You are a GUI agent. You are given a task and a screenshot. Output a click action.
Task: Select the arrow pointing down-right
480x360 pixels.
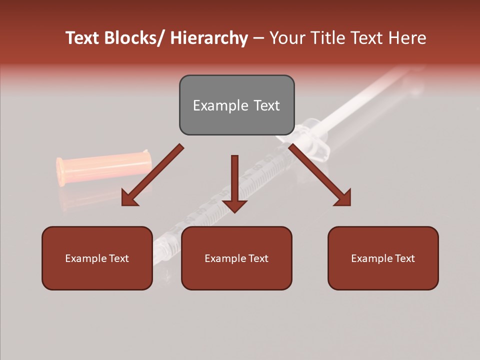point(317,172)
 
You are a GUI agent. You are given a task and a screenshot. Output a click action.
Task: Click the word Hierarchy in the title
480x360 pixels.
point(209,38)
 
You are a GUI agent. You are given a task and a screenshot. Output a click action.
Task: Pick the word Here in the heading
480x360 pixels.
point(407,38)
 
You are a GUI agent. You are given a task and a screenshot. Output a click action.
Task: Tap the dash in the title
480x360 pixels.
point(258,38)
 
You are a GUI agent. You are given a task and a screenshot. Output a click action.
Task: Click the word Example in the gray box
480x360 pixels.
point(215,106)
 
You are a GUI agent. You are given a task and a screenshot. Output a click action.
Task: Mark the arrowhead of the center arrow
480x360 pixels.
point(234,205)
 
